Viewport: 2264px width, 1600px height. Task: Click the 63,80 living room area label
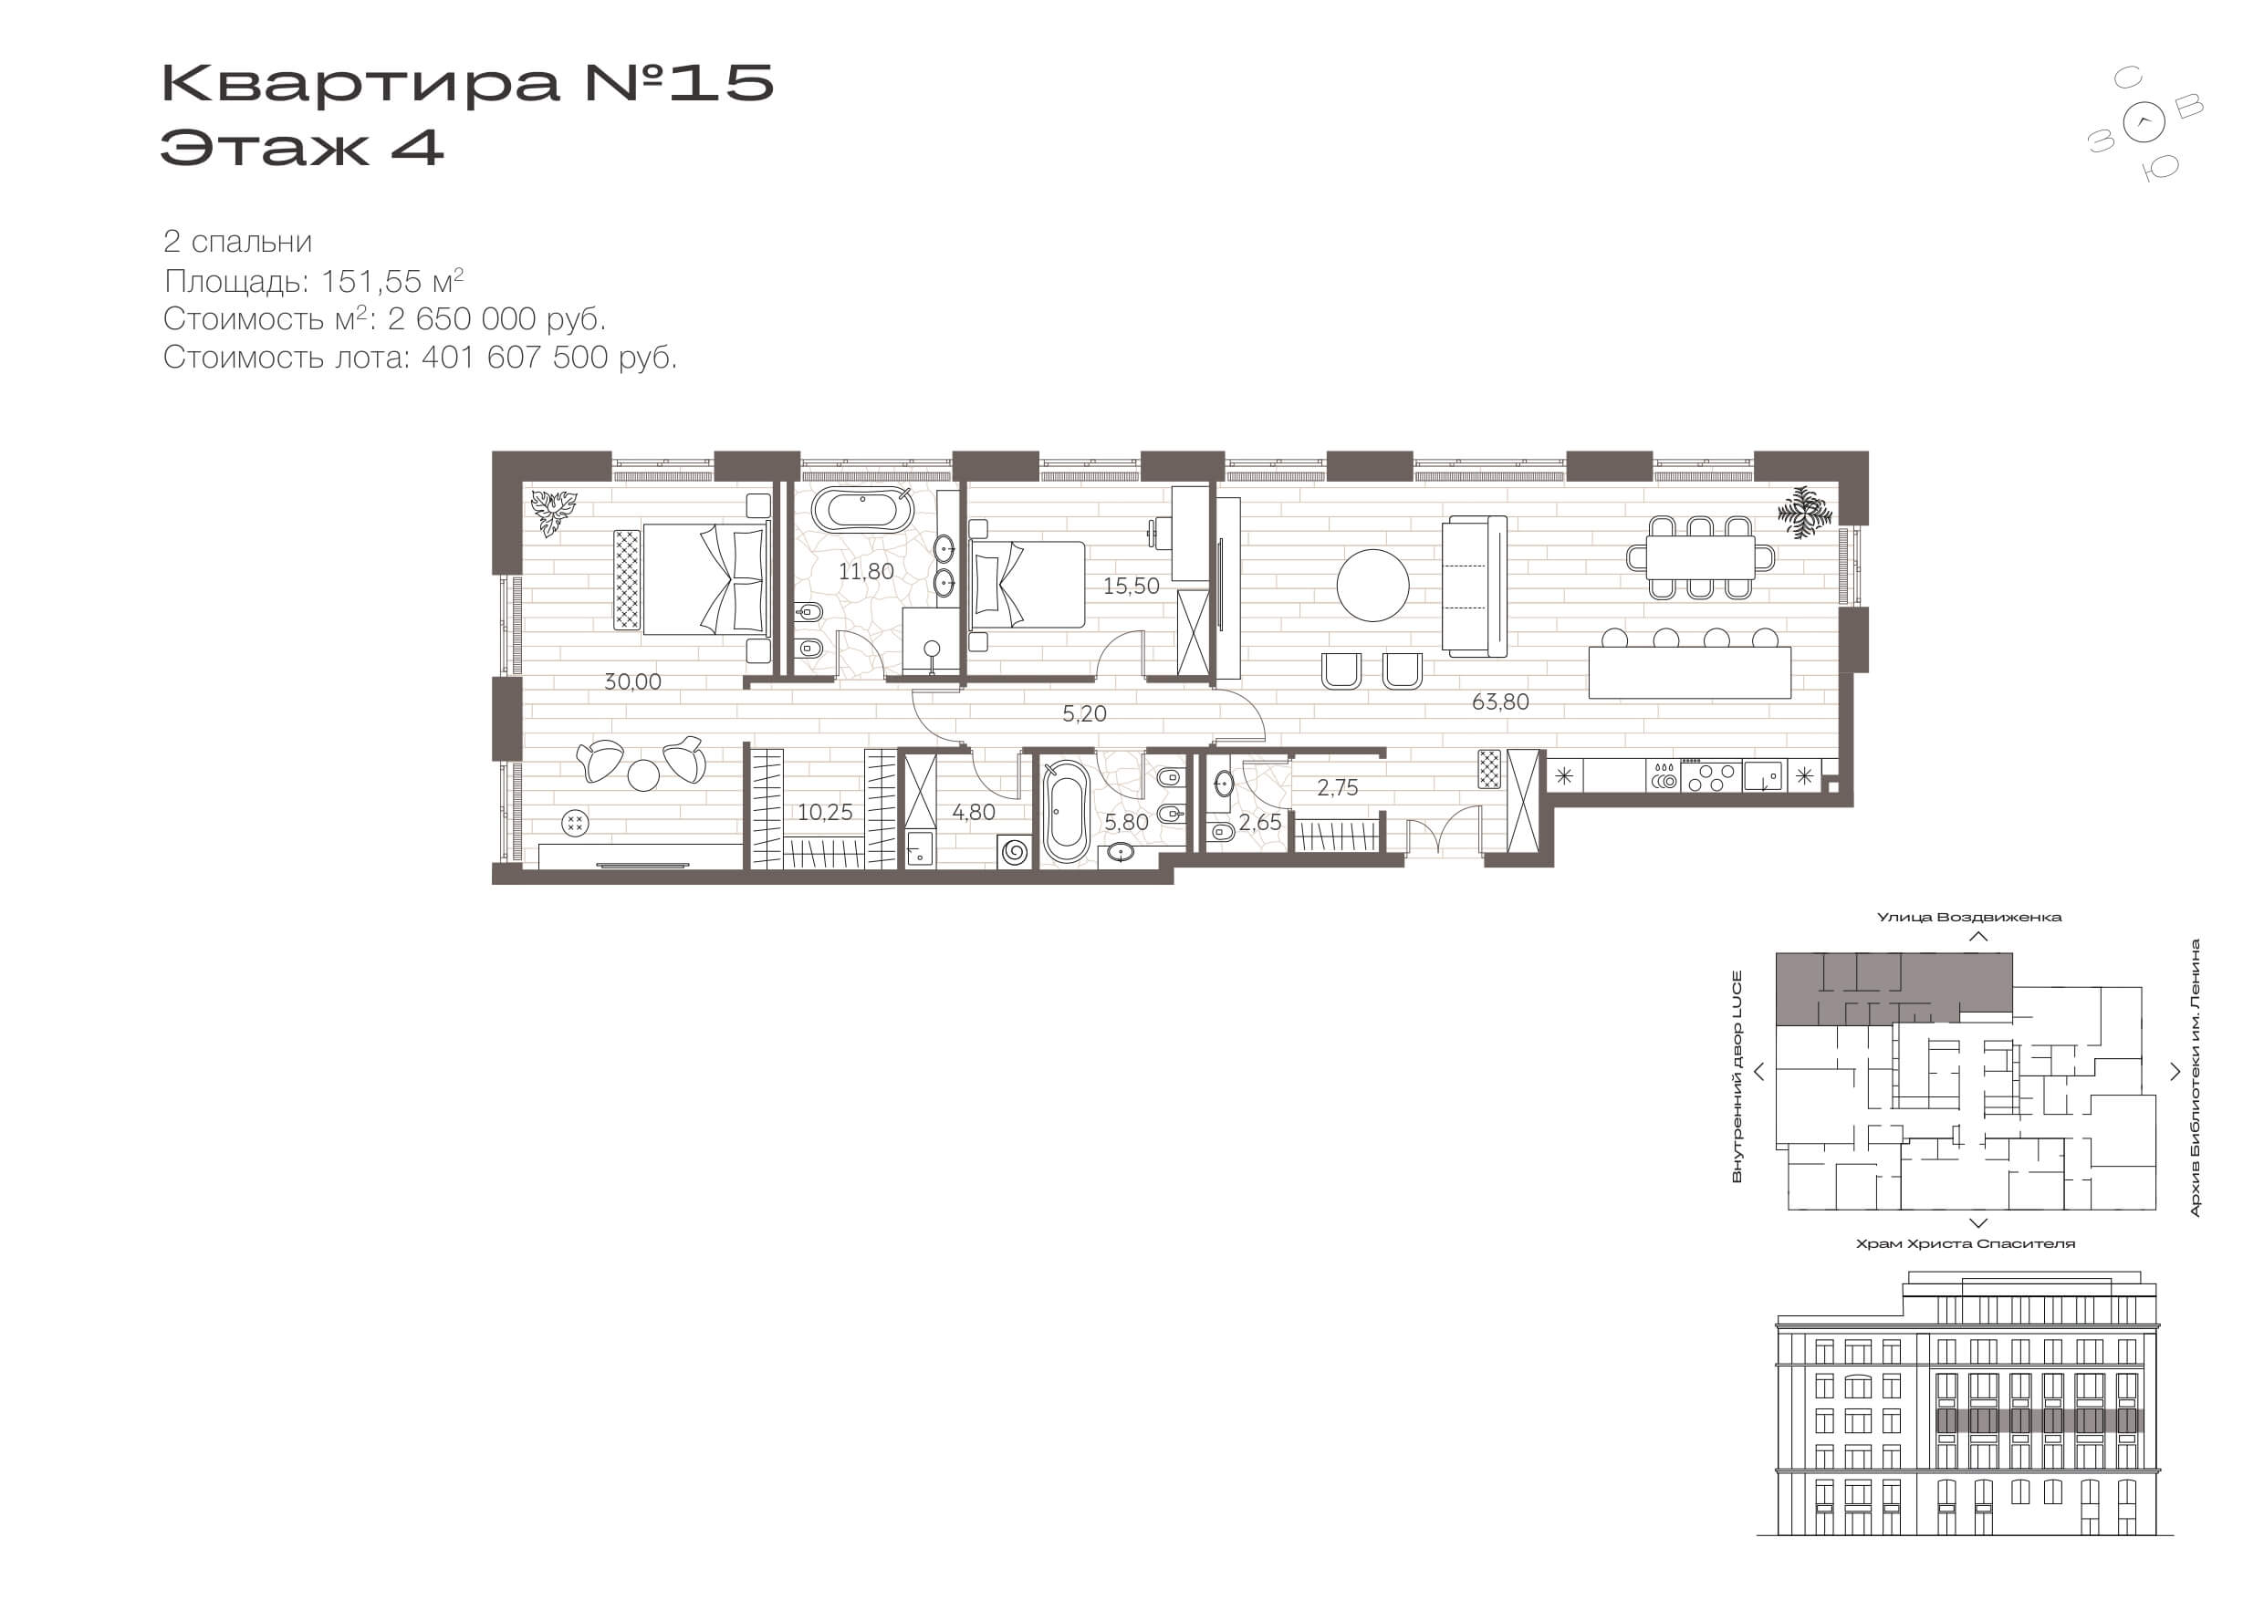coord(1500,701)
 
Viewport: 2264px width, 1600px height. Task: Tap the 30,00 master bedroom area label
coord(632,681)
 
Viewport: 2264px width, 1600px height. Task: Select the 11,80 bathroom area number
coord(866,571)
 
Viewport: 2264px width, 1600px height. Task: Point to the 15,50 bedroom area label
coord(1130,586)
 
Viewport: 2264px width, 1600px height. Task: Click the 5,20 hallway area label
coord(1084,713)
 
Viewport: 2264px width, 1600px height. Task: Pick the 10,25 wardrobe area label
coord(824,813)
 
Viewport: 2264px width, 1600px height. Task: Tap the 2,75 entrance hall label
coord(1337,787)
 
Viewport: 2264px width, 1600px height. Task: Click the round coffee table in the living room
coord(1372,585)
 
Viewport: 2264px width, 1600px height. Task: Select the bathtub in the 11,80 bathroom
coord(863,512)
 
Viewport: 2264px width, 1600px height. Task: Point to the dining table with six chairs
coord(1700,558)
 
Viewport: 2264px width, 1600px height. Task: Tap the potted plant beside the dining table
coord(1803,513)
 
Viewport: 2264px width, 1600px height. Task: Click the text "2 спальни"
coord(237,242)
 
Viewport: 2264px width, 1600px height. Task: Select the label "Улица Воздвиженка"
coord(1969,917)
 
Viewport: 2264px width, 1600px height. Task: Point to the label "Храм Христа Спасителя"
coord(1966,1244)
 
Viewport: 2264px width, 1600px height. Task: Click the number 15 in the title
coord(722,83)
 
